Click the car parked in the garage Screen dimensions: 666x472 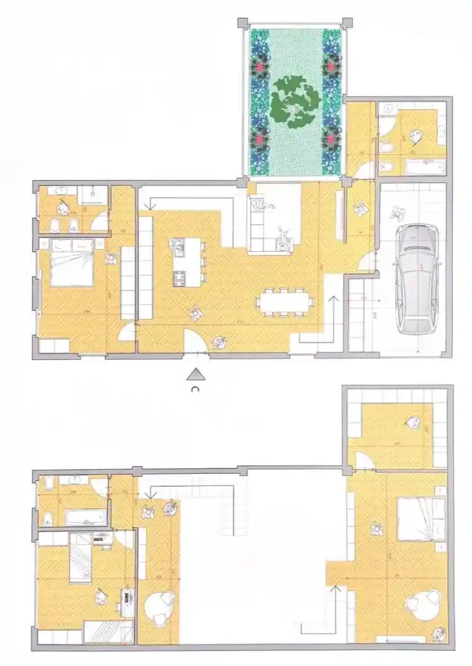pos(417,278)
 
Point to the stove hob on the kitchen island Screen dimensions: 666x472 pos(179,277)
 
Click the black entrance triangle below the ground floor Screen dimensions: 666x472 pos(197,374)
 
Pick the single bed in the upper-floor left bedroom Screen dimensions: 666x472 pos(82,558)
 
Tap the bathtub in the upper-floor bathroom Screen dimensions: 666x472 pos(84,517)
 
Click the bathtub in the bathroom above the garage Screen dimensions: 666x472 pos(424,167)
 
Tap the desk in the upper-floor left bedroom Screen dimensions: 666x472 pos(129,599)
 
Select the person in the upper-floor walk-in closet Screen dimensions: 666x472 pos(413,421)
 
